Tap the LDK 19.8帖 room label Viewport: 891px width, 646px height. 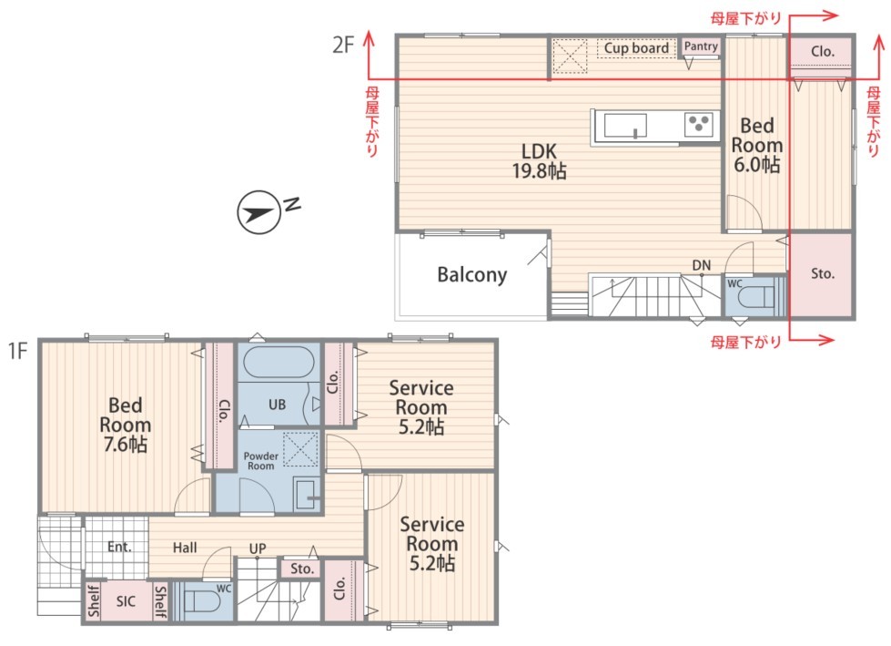click(x=540, y=160)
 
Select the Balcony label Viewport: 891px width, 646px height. click(x=471, y=274)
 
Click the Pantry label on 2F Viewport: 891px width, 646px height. click(x=701, y=46)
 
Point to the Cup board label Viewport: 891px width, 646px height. click(x=636, y=47)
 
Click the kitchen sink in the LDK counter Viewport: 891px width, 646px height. click(x=625, y=126)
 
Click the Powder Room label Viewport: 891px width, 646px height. click(x=261, y=461)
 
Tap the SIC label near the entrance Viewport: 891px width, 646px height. click(x=126, y=601)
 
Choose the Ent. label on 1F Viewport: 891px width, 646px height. click(x=119, y=547)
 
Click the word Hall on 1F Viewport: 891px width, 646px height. click(x=185, y=548)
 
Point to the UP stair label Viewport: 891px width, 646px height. click(x=258, y=549)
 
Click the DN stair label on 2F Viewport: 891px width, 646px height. click(x=701, y=265)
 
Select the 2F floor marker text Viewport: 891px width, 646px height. click(x=343, y=45)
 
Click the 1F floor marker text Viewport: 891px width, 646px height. click(x=17, y=350)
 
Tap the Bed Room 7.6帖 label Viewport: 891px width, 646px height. click(x=125, y=425)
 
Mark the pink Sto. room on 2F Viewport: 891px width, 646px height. click(x=822, y=274)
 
